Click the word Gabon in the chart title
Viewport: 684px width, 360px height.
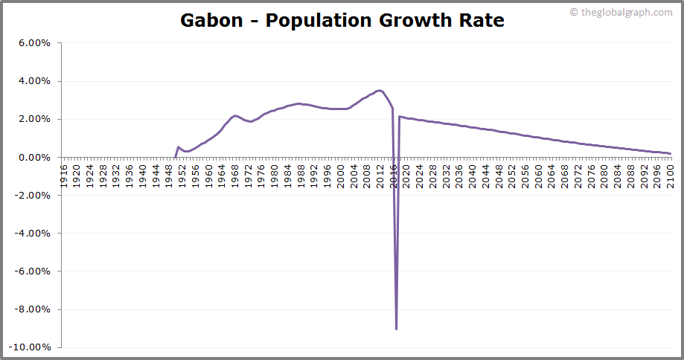coord(211,20)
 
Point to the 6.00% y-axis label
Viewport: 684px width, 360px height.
coord(34,43)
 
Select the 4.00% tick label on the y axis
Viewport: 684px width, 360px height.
coord(34,81)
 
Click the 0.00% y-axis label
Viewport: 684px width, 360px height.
coord(34,158)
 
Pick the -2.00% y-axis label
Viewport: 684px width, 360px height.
coord(33,196)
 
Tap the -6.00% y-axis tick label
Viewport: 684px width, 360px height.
coord(33,271)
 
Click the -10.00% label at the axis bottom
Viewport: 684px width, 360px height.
coord(30,347)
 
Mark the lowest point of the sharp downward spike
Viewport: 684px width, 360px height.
coord(396,329)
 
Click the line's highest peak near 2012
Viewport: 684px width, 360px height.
coord(380,91)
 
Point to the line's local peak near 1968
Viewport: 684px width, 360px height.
coord(234,115)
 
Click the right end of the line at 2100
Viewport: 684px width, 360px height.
coord(670,154)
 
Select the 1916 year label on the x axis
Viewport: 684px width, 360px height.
coord(64,173)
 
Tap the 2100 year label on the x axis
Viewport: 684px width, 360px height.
coord(670,173)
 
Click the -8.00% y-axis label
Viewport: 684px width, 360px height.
coord(33,309)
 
